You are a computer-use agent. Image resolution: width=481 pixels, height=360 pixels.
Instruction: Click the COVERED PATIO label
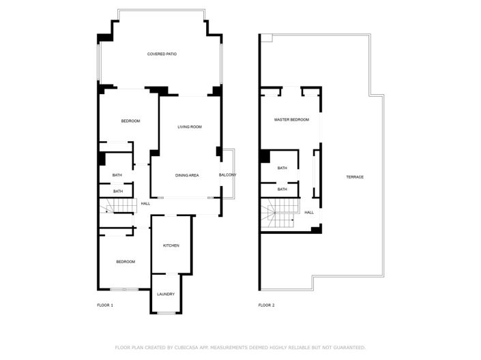pyautogui.click(x=162, y=54)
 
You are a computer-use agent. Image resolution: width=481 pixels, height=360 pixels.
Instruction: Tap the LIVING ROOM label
pyautogui.click(x=189, y=127)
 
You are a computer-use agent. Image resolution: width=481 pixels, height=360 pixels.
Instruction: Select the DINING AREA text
pyautogui.click(x=186, y=175)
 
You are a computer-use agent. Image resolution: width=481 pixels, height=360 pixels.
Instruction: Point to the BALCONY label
pyautogui.click(x=227, y=175)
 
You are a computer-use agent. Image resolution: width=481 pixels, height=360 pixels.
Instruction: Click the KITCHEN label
pyautogui.click(x=171, y=245)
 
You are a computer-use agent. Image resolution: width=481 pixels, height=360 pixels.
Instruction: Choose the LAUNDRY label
pyautogui.click(x=166, y=294)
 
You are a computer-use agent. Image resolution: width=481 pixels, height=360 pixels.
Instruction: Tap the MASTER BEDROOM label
pyautogui.click(x=291, y=119)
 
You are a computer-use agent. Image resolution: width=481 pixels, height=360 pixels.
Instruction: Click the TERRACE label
pyautogui.click(x=355, y=177)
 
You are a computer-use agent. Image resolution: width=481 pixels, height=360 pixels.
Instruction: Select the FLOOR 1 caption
pyautogui.click(x=105, y=305)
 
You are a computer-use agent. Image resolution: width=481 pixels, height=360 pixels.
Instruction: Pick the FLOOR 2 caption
pyautogui.click(x=266, y=305)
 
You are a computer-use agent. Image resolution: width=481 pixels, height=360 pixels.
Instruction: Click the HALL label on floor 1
pyautogui.click(x=145, y=203)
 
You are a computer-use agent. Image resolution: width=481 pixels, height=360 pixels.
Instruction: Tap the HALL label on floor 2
pyautogui.click(x=309, y=212)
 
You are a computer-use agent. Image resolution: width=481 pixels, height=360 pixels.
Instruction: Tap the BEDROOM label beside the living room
pyautogui.click(x=130, y=121)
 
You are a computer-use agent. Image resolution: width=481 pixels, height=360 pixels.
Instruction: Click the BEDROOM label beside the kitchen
pyautogui.click(x=125, y=262)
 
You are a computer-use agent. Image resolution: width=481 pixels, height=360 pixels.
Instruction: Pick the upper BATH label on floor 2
pyautogui.click(x=282, y=168)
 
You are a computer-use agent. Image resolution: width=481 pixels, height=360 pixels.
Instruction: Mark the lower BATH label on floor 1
pyautogui.click(x=118, y=191)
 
